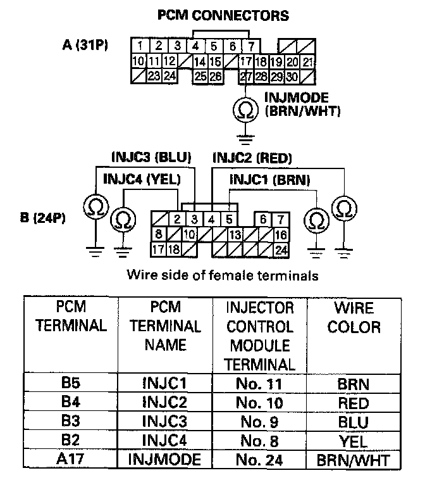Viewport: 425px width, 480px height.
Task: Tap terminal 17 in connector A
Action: (247, 62)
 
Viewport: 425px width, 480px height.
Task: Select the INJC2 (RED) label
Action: (252, 156)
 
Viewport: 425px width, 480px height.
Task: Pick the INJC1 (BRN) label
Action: (270, 179)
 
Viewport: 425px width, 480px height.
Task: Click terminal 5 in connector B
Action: (230, 220)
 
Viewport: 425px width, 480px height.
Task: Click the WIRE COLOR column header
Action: (355, 317)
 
